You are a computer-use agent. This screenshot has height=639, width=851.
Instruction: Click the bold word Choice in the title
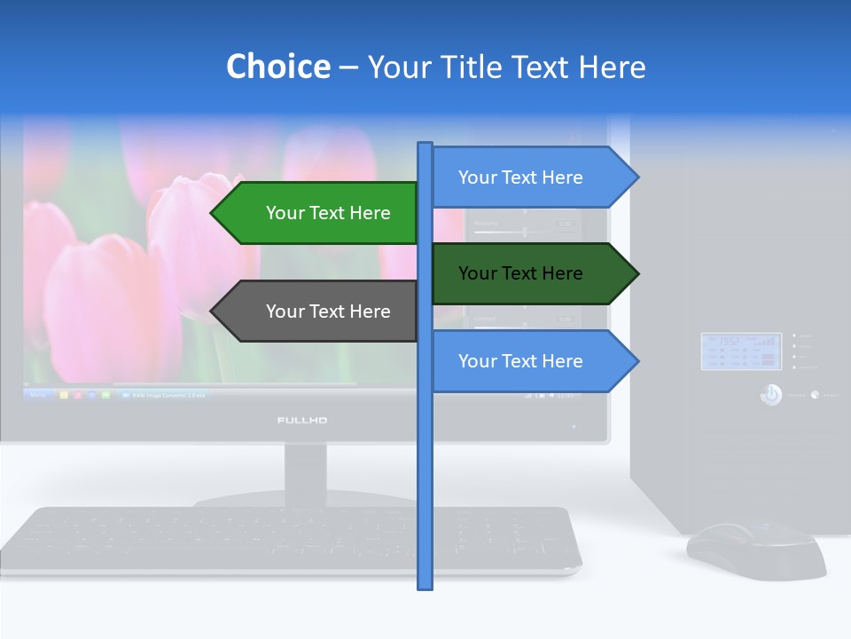[x=277, y=67]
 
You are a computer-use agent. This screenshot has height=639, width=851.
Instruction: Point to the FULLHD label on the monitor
[x=302, y=420]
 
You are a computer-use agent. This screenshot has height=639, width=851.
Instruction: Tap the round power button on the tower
[x=771, y=395]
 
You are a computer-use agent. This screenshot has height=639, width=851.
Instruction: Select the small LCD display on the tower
[x=741, y=351]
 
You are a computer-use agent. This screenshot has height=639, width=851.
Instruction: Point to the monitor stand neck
[x=305, y=470]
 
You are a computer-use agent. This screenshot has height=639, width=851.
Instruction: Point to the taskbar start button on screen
[x=37, y=394]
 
